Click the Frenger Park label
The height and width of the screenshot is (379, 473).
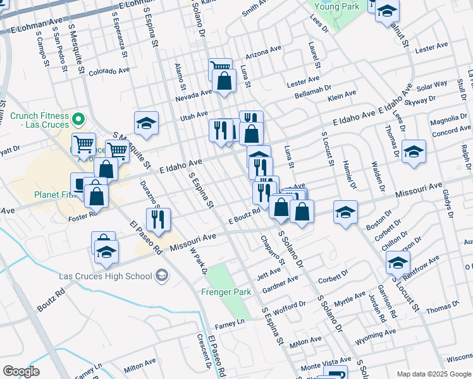(x=226, y=292)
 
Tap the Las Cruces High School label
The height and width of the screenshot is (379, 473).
(x=112, y=276)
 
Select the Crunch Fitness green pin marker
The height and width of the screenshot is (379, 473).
(x=78, y=119)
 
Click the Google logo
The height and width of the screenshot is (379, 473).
(x=21, y=371)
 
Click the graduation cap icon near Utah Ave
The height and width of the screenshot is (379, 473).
(x=147, y=123)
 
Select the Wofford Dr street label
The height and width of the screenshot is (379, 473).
(x=290, y=308)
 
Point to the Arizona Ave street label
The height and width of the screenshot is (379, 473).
(x=263, y=50)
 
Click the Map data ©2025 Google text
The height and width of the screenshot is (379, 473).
(x=434, y=374)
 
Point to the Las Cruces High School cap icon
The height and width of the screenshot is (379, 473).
(x=163, y=275)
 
